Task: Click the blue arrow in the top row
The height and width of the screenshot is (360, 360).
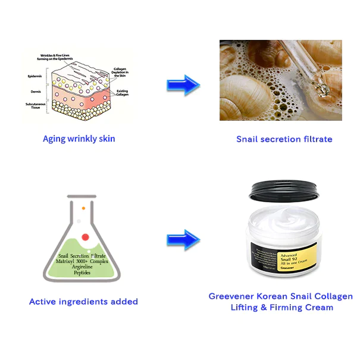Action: pyautogui.click(x=183, y=85)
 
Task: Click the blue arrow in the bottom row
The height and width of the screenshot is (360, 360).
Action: pyautogui.click(x=183, y=240)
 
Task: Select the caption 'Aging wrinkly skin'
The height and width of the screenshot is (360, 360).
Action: pyautogui.click(x=79, y=139)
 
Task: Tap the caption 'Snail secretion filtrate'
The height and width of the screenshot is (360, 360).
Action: pyautogui.click(x=284, y=139)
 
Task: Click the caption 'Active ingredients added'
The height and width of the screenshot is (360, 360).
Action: pyautogui.click(x=83, y=302)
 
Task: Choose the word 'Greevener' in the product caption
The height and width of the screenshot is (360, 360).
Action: pyautogui.click(x=231, y=296)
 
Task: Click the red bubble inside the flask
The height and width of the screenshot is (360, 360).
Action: pyautogui.click(x=85, y=237)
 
